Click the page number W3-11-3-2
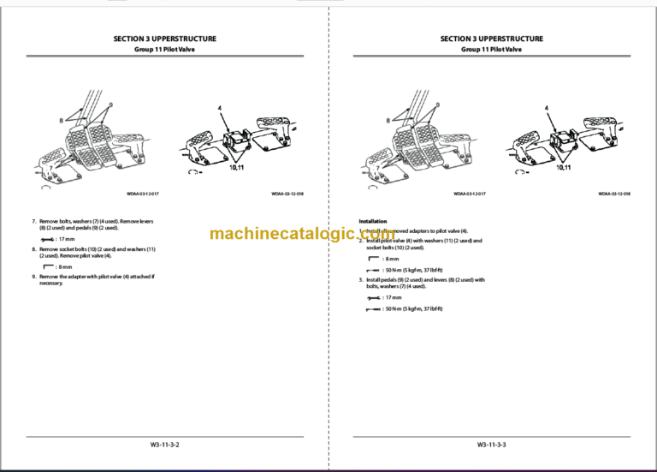point(164,445)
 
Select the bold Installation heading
point(373,221)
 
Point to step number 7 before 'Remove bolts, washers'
point(33,221)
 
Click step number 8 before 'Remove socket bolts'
point(33,248)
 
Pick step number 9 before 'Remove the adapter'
point(33,277)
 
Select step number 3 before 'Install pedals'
point(360,279)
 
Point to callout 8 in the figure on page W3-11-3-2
point(61,121)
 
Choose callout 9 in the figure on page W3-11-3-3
point(438,105)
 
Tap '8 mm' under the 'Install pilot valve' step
point(391,258)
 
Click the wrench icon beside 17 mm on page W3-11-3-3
point(372,297)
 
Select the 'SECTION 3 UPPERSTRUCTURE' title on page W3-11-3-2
point(164,39)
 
